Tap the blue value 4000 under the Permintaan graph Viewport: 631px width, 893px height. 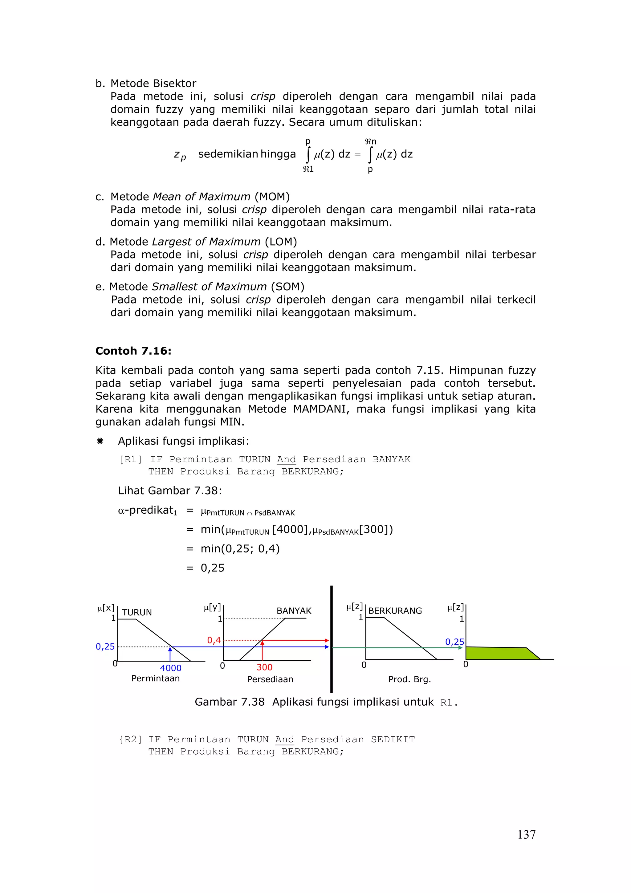[x=171, y=668]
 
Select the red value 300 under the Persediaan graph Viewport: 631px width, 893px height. [x=264, y=667]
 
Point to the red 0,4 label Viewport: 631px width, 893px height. [x=214, y=640]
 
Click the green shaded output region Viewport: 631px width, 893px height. [x=498, y=653]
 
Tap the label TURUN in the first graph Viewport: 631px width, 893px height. [x=137, y=612]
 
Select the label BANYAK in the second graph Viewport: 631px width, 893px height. [x=294, y=611]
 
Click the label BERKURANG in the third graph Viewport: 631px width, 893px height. [x=395, y=611]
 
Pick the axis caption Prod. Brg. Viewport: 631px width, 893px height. [x=409, y=679]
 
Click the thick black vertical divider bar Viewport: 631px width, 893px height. [x=331, y=638]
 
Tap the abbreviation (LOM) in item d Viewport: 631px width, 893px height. [x=281, y=242]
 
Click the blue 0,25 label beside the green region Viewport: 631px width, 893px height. [x=454, y=642]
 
